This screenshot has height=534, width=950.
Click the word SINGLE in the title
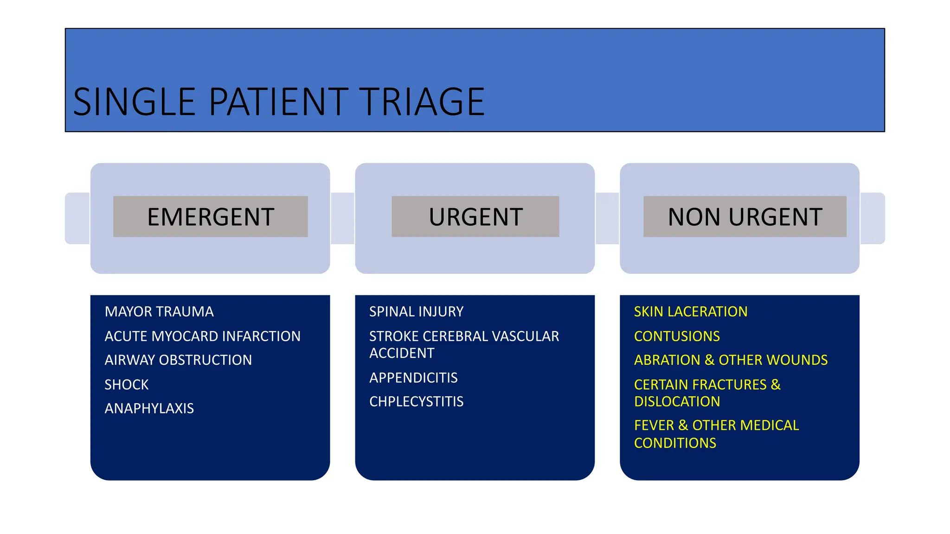134,102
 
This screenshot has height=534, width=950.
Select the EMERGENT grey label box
211,216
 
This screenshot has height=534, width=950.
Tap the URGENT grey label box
475,216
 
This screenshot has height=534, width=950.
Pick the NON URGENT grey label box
745,216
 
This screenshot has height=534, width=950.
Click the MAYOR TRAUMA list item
159,311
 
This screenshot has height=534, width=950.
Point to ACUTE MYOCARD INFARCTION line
202,336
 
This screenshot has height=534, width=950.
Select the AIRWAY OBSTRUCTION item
178,360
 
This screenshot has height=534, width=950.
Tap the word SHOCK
127,385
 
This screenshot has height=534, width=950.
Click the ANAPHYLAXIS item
149,408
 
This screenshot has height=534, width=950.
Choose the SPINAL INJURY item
416,311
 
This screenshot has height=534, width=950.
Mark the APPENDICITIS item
413,378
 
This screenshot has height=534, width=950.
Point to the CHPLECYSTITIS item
416,401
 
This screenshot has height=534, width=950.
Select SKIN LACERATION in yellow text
691,311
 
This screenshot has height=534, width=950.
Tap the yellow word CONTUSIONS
677,336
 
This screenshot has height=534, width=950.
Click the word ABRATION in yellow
667,360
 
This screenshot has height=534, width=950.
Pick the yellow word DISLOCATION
677,401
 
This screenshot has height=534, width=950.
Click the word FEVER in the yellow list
654,426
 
